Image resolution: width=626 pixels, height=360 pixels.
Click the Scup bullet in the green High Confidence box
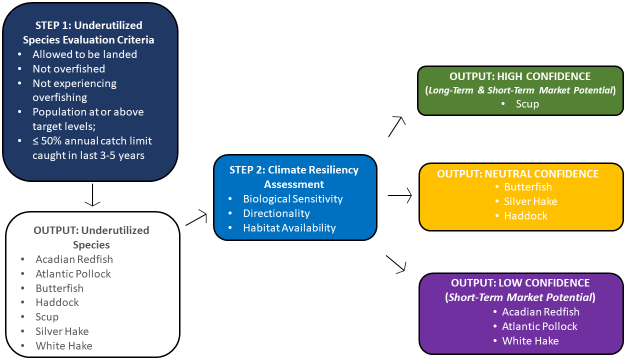click(527, 104)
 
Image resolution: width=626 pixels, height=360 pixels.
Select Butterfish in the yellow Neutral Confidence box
click(528, 187)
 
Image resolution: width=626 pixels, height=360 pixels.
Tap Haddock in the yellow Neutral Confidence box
click(525, 216)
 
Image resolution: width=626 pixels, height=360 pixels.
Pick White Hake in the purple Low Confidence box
click(530, 340)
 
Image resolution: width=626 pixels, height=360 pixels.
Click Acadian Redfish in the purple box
click(540, 311)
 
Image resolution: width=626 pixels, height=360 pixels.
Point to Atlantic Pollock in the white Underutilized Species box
click(73, 273)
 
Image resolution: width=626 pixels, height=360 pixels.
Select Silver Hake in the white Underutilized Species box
click(62, 331)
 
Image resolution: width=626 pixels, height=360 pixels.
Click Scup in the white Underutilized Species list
click(47, 316)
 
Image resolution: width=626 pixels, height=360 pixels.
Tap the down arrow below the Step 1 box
click(92, 194)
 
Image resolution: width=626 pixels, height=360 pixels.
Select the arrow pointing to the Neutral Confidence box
click(399, 196)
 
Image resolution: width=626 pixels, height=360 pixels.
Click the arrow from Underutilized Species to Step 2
click(196, 218)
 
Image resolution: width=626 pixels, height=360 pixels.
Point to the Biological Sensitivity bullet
click(292, 198)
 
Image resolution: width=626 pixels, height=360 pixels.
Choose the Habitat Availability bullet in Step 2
click(289, 227)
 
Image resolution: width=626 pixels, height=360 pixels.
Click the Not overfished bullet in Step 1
click(68, 68)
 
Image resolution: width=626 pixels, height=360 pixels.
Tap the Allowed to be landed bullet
click(84, 54)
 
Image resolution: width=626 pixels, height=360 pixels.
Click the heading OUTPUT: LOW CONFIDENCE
click(520, 282)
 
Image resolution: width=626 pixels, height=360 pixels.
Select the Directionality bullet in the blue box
click(276, 213)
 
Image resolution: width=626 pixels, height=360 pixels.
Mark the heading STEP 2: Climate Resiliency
click(294, 169)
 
